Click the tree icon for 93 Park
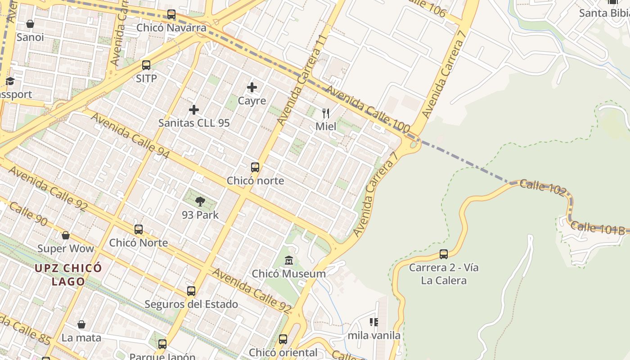tap(200, 202)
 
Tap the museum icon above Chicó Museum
tap(289, 261)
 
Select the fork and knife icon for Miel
tap(326, 113)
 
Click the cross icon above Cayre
tap(252, 87)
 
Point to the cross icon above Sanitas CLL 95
tap(194, 110)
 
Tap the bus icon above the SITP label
tap(146, 65)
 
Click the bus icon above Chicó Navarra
tap(171, 14)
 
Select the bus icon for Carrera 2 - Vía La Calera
tap(444, 254)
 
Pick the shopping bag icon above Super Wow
tap(66, 235)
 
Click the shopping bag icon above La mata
tap(81, 324)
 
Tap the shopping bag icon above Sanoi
tap(30, 24)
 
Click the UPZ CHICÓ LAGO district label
tap(68, 275)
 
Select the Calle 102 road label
tap(543, 187)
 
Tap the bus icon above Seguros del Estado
tap(191, 291)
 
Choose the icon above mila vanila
tap(373, 322)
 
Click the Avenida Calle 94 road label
tap(130, 135)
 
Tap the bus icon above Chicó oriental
tap(283, 339)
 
